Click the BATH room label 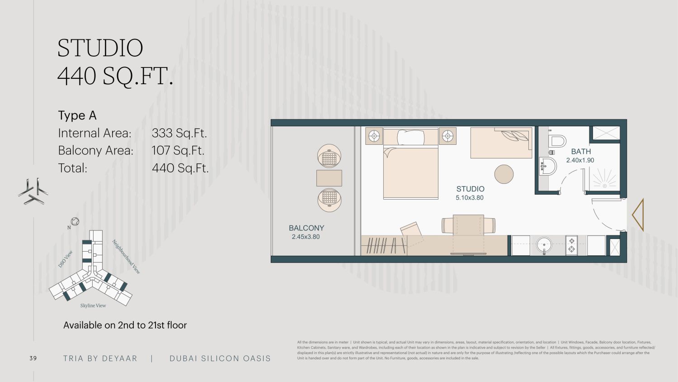pos(581,151)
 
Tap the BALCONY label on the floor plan pos(306,228)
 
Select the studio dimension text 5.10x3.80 pos(470,198)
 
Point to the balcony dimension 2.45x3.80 pos(306,237)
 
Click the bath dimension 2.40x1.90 pos(580,160)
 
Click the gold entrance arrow pos(638,215)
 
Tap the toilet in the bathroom pos(557,141)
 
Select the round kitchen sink pos(544,245)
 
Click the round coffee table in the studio pos(504,174)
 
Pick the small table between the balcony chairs pos(329,178)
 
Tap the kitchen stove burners pos(571,245)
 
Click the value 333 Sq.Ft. pos(179,133)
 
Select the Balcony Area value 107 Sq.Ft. pos(178,150)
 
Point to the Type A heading pos(77,115)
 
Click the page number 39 pos(33,358)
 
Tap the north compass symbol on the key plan pos(75,222)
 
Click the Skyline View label pos(93,306)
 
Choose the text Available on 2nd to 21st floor pos(125,325)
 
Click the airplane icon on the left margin pos(33,191)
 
